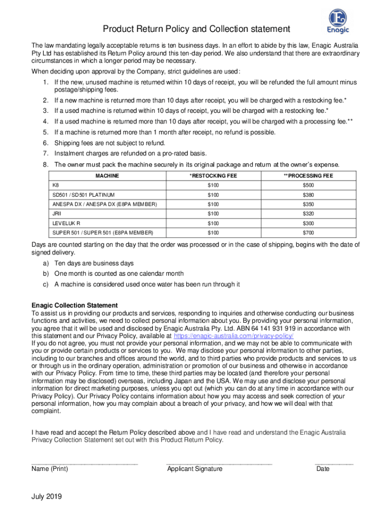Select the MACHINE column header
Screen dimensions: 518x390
107,176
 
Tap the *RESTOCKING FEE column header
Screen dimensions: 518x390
213,176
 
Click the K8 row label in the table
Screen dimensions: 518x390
56,185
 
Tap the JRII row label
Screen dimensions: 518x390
57,214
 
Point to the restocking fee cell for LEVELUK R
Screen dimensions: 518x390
213,223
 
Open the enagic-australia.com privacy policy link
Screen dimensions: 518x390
233,336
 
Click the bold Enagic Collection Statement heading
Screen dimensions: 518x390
74,306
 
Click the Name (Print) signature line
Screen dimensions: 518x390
84,463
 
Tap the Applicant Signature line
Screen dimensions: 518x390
219,463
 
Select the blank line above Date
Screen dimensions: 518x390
334,463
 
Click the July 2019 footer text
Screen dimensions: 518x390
47,497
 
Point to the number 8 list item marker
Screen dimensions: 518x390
46,164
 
